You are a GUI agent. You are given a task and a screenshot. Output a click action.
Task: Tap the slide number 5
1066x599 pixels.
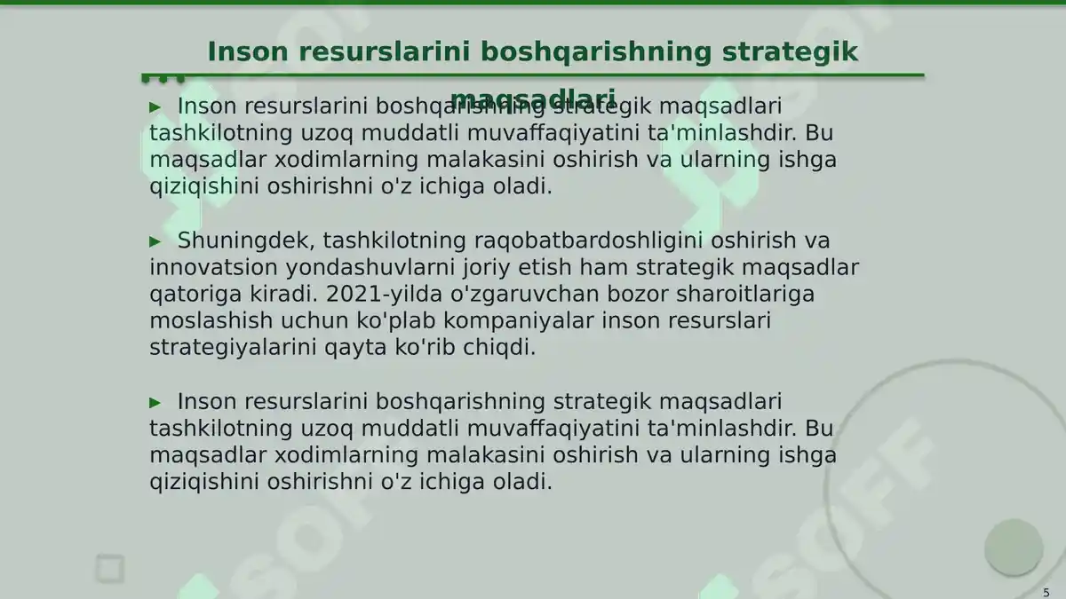tap(1046, 592)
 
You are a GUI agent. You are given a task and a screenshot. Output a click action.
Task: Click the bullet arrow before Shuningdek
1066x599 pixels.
tap(155, 241)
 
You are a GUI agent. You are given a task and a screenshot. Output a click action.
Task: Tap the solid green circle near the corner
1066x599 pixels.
tap(1013, 546)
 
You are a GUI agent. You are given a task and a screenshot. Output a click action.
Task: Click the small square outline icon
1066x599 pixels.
tap(110, 568)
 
